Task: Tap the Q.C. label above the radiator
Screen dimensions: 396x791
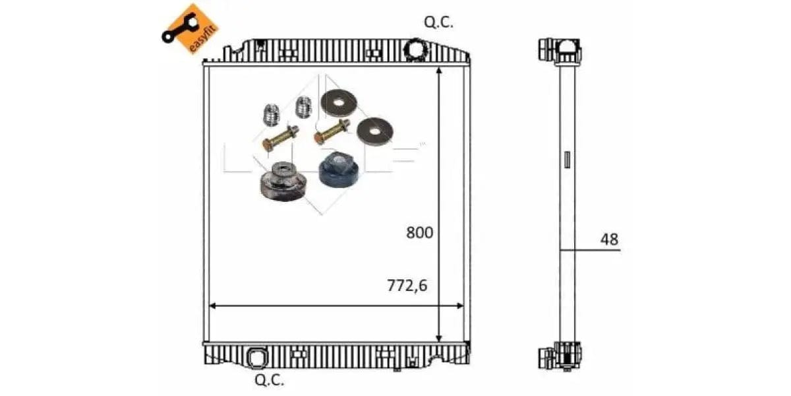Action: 438,23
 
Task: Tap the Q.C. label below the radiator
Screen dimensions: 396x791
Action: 269,379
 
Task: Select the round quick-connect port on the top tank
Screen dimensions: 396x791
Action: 417,49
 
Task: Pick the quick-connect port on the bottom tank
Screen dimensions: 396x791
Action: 255,356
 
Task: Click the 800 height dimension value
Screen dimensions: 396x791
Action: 419,233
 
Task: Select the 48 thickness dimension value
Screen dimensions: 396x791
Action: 610,240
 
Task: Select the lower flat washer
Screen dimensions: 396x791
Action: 373,132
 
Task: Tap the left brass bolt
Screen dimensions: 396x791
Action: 280,137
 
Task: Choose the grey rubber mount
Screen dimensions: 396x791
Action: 280,181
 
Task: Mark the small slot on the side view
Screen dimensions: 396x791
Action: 567,160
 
